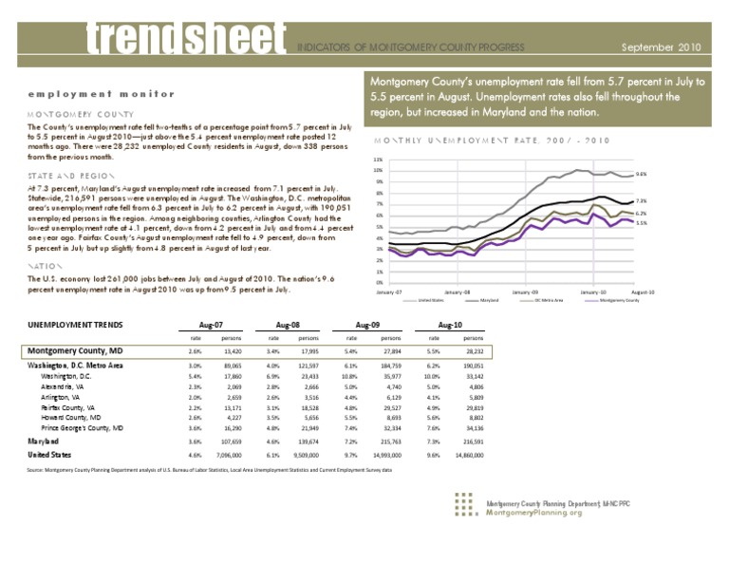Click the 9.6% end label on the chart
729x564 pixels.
[641, 175]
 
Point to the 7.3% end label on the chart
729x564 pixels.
[641, 201]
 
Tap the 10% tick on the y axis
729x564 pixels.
[378, 170]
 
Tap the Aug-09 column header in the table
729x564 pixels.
[367, 325]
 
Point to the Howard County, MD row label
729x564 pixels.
[73, 417]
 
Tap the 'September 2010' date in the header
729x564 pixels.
[661, 45]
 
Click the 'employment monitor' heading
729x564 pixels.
[91, 93]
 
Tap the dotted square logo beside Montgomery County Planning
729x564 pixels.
[463, 506]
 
